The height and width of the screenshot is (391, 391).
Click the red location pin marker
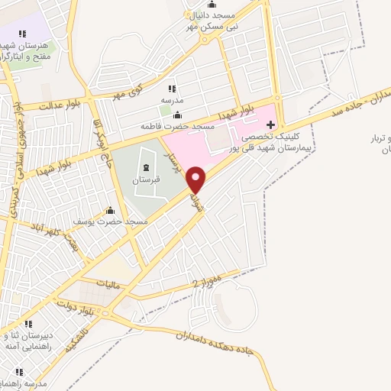click(x=197, y=179)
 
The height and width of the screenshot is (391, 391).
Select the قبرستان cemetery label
click(x=144, y=182)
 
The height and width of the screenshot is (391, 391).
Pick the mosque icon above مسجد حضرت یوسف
click(x=111, y=211)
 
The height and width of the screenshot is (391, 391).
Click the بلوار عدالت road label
click(x=40, y=105)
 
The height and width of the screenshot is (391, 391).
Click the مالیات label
click(x=110, y=283)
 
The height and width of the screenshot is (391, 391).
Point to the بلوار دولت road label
click(x=73, y=308)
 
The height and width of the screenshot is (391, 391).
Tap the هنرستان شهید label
click(x=28, y=45)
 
